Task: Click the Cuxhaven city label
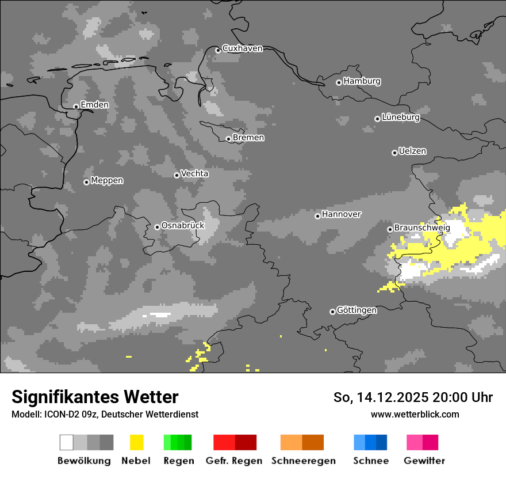pyautogui.click(x=242, y=48)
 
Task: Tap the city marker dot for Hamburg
pyautogui.click(x=339, y=82)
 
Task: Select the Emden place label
pyautogui.click(x=94, y=105)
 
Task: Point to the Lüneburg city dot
pyautogui.click(x=377, y=119)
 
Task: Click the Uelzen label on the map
pyautogui.click(x=412, y=151)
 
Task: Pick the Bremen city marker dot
pyautogui.click(x=228, y=139)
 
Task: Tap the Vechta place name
pyautogui.click(x=194, y=173)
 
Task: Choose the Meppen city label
pyautogui.click(x=107, y=181)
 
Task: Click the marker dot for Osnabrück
pyautogui.click(x=157, y=227)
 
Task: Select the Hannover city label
pyautogui.click(x=341, y=214)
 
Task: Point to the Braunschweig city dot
pyautogui.click(x=390, y=229)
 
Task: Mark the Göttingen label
pyautogui.click(x=356, y=310)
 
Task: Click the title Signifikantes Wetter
pyautogui.click(x=95, y=397)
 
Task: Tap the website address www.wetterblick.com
pyautogui.click(x=415, y=415)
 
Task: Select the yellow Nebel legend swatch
pyautogui.click(x=136, y=442)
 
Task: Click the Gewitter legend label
pyautogui.click(x=424, y=461)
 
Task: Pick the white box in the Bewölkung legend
pyautogui.click(x=67, y=442)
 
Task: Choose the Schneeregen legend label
pyautogui.click(x=303, y=461)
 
